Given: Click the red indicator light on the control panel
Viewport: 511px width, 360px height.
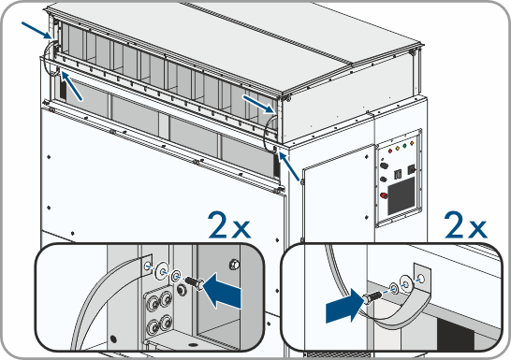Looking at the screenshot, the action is pos(390,151).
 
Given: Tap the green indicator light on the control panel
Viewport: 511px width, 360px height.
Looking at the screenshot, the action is pos(404,146).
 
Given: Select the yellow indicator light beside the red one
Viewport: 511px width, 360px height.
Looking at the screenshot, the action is pos(398,149).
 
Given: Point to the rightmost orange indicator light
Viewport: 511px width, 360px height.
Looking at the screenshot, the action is pos(412,143).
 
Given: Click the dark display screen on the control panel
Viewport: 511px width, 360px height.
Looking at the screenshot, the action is pos(401,196).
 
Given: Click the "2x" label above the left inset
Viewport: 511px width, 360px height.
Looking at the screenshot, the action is pos(229,225).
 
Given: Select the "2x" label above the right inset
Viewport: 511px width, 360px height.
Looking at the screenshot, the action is pos(466,225).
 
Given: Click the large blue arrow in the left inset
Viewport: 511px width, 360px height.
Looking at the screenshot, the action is pos(222,291).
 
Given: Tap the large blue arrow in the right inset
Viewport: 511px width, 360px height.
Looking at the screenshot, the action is pos(344,306).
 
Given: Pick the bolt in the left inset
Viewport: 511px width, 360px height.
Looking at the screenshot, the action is pos(195,282).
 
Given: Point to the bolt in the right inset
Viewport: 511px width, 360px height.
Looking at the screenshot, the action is pos(372,297).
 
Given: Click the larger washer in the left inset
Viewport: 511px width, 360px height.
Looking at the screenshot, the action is pos(162,270).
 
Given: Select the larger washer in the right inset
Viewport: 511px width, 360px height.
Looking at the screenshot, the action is pos(406,282).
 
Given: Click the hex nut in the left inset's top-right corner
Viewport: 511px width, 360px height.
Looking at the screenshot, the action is pos(234,265).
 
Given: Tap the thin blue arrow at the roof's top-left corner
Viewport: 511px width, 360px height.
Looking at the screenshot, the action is pos(36,30).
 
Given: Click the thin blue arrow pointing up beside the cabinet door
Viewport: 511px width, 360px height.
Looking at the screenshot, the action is pos(289,166).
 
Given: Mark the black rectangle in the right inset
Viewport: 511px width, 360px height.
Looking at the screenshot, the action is pos(456,337).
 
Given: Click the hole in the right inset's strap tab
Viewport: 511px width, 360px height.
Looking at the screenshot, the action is pos(421,279).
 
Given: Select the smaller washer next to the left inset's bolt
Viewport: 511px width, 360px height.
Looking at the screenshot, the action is pos(176,276).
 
